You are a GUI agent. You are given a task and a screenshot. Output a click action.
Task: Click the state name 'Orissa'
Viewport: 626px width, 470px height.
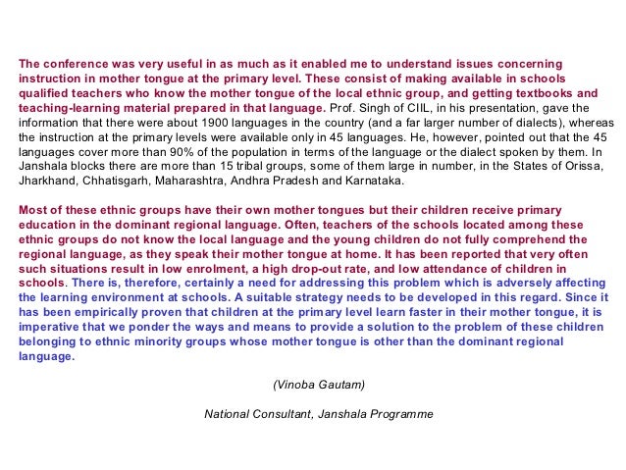click(546, 168)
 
